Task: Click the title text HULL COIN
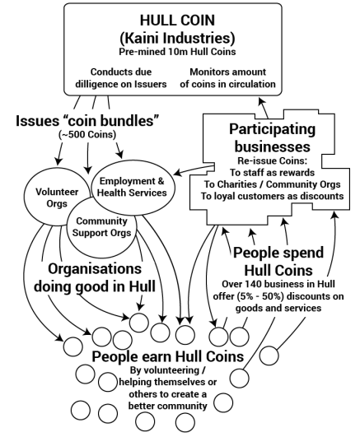[180, 20]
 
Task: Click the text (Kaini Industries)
[180, 37]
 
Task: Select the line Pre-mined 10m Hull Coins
[180, 52]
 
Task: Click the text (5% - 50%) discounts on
[283, 296]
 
